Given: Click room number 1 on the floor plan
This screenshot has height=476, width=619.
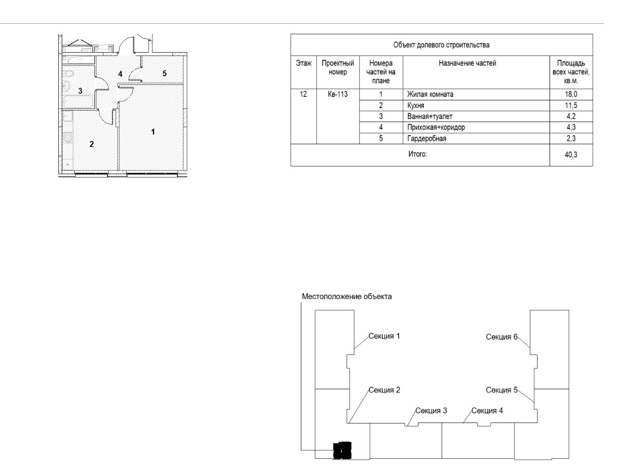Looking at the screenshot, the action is pos(153,131).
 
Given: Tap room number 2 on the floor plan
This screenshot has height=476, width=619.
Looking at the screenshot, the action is pos(92,144).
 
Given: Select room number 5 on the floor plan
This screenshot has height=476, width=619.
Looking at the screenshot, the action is pos(164,74).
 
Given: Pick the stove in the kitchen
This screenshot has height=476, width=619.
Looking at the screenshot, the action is pos(68,137).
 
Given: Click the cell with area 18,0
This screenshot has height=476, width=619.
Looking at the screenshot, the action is pos(571,95).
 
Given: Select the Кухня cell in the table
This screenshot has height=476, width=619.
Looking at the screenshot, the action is pos(416,106).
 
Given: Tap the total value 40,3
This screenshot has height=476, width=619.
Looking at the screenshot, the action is pos(571,155).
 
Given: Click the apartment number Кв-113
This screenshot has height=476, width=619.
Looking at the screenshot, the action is pos(337,95).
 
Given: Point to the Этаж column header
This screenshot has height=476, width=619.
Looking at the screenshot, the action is pos(303,63).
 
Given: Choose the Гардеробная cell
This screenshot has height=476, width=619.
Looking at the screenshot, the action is pos(427,139).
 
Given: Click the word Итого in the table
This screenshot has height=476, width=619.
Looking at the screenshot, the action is pos(417,155).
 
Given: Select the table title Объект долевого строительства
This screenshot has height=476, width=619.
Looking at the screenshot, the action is pos(441,45).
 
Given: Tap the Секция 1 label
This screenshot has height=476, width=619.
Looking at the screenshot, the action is pos(384,336).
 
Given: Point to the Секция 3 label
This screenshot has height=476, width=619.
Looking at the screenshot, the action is pos(431,410).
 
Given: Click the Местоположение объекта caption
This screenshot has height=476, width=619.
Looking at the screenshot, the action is pos(347,297).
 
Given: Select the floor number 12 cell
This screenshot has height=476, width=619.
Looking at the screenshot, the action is pos(303,95).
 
